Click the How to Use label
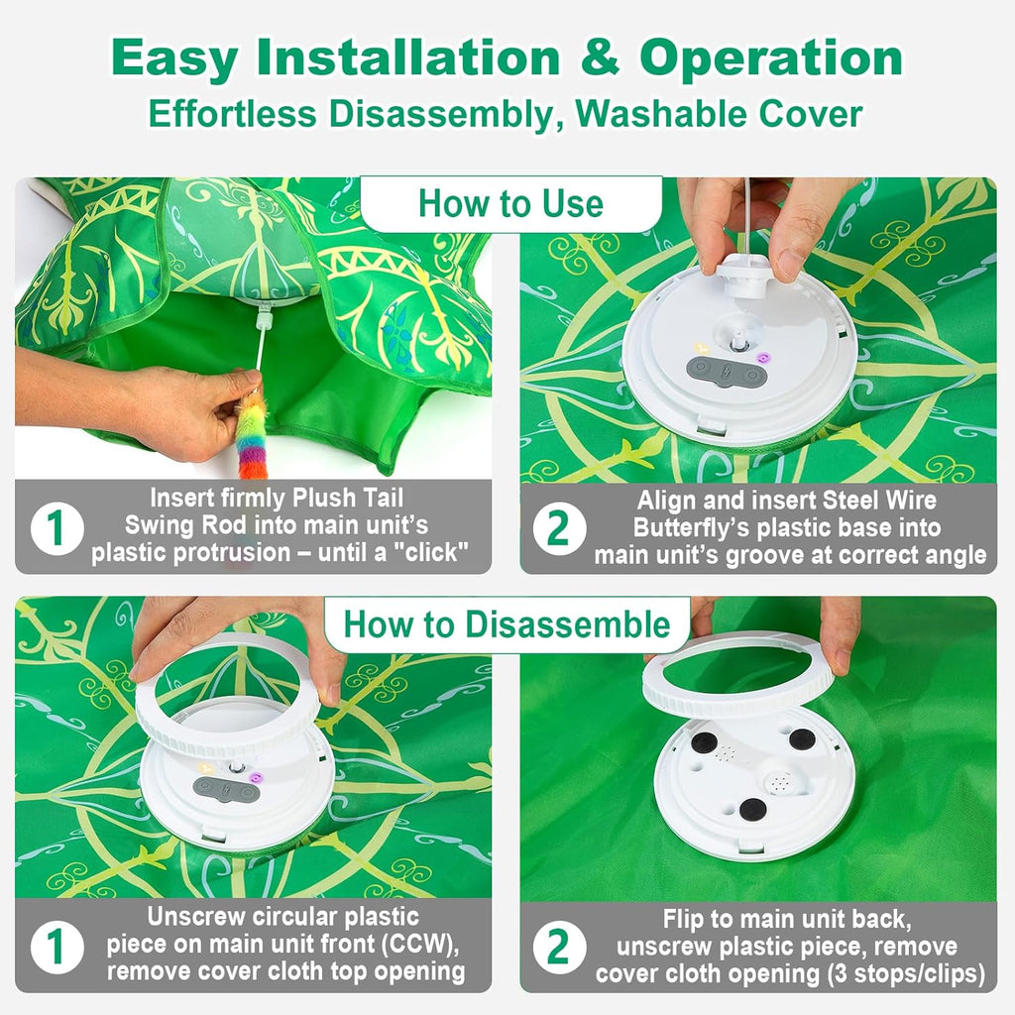point(510,204)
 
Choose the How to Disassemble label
point(507,625)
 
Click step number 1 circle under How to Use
point(56,528)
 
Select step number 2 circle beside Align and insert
point(559,528)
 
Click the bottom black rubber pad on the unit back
point(752,809)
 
